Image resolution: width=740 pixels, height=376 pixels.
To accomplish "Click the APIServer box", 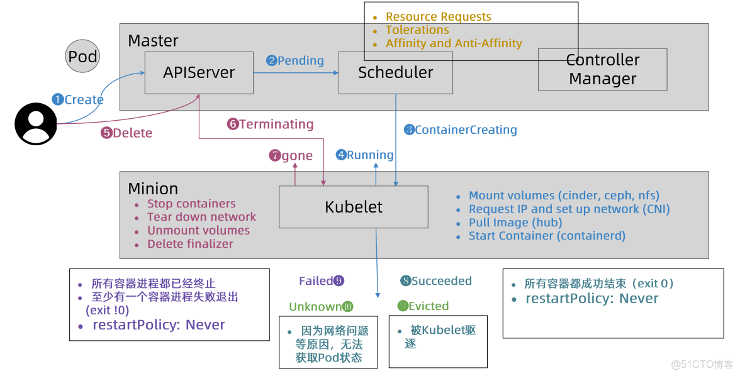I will [x=198, y=73].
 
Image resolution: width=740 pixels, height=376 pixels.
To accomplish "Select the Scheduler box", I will [x=395, y=73].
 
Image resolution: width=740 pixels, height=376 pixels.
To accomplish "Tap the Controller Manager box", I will [x=602, y=70].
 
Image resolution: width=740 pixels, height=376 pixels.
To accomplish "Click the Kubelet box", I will [x=353, y=207].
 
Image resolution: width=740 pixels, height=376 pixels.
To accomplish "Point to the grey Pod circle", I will [x=82, y=57].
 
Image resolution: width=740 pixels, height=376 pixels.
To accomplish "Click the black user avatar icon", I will [x=35, y=123].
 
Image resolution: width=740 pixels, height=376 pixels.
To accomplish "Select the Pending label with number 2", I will [x=295, y=60].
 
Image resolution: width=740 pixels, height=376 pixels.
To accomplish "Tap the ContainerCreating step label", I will [x=460, y=130].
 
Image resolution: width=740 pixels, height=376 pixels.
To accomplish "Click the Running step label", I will [x=364, y=155].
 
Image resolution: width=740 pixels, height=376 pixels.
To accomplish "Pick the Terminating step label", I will [x=271, y=124].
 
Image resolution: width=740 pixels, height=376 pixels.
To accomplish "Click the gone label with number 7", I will [x=291, y=156].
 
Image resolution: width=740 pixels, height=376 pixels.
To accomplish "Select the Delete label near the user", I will [x=126, y=133].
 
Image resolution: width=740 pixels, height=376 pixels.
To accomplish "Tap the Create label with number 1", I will [x=78, y=99].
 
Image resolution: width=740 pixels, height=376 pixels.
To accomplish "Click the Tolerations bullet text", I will [x=417, y=30].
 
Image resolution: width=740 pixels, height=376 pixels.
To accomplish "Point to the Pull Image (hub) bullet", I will [x=515, y=223].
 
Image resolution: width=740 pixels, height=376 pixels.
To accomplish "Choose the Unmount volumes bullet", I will [x=198, y=231].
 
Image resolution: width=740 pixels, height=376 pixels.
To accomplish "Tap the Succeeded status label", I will [x=436, y=281].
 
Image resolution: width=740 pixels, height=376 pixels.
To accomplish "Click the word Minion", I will [x=153, y=189].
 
